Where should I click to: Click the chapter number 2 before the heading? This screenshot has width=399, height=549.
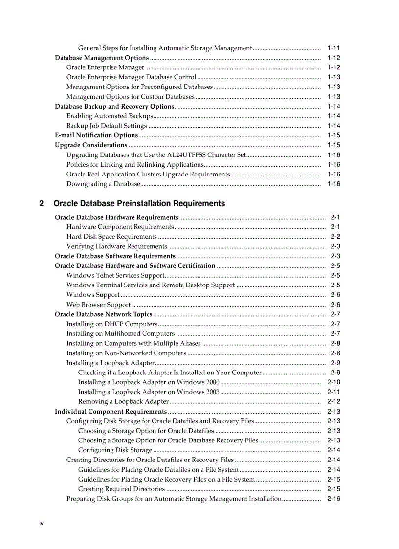tap(42, 203)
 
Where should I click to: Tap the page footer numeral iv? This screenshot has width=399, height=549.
tap(42, 523)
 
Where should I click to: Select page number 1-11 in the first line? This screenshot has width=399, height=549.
tap(333, 48)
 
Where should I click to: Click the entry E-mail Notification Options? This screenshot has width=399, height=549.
tap(96, 135)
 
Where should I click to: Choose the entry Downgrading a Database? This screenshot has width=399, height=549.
tap(103, 184)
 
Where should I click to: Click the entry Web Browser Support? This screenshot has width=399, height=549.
tap(98, 305)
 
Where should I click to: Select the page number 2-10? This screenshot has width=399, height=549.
tap(333, 382)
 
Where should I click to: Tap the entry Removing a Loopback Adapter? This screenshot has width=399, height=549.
tap(123, 402)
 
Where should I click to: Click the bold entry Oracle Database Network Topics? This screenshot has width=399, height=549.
tap(104, 314)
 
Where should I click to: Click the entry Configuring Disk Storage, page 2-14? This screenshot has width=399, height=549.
tap(115, 450)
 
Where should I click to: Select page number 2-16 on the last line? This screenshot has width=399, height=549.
tap(333, 499)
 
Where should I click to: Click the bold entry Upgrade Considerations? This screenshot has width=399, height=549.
tap(91, 145)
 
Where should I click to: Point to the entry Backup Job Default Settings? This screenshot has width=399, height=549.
tap(107, 126)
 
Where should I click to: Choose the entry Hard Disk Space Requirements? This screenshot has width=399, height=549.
tap(111, 237)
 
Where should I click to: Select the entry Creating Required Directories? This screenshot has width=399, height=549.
tap(121, 489)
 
